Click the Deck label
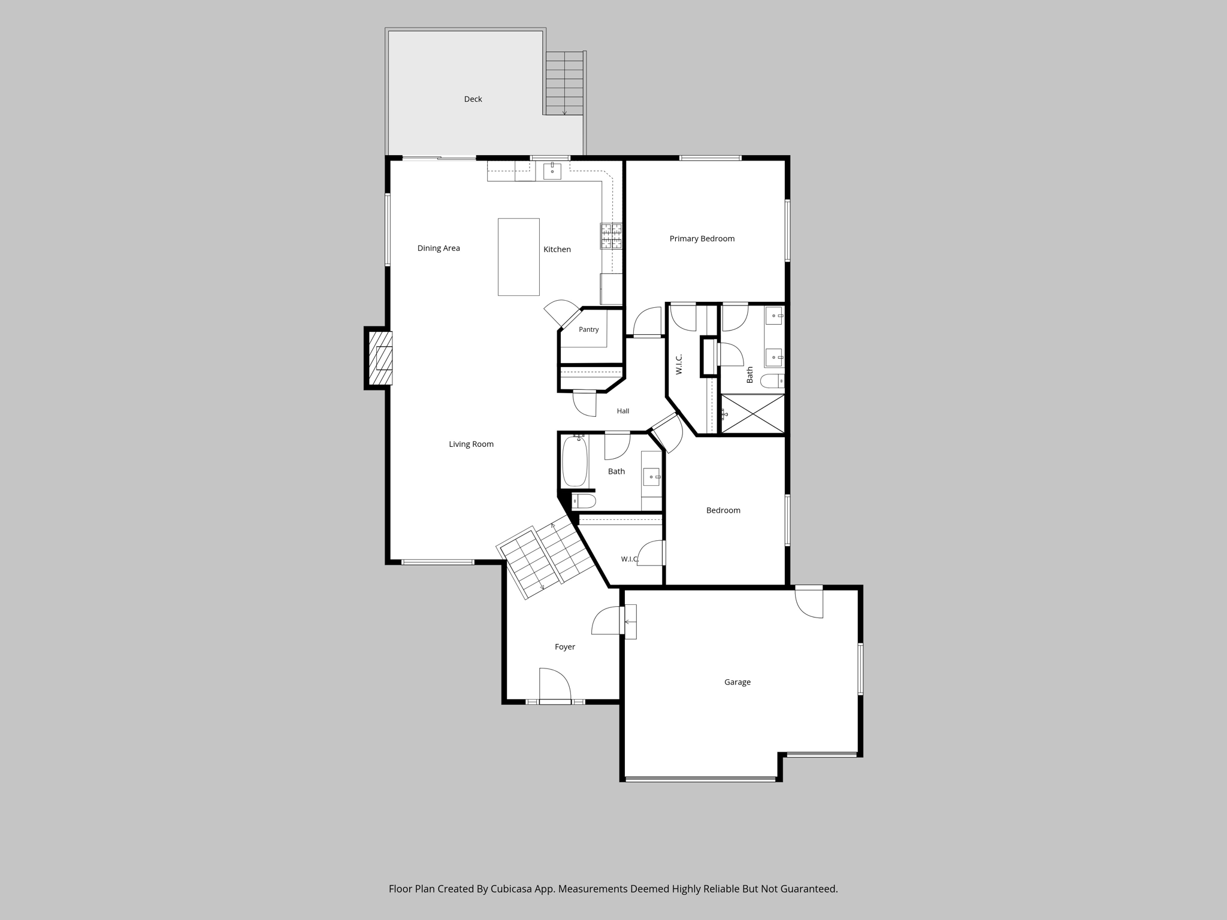[473, 99]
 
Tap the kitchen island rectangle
[519, 257]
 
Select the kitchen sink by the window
[552, 171]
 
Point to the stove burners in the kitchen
[611, 236]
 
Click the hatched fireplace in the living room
[380, 358]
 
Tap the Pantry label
[589, 330]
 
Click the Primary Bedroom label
[702, 239]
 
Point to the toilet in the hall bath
[584, 501]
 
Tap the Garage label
[738, 682]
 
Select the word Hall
[623, 411]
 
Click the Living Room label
[472, 444]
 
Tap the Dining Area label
[439, 249]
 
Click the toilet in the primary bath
[772, 380]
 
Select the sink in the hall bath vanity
[651, 477]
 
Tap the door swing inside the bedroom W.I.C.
[651, 552]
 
